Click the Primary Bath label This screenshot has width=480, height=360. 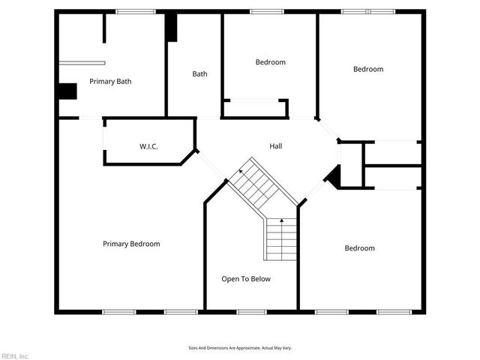[110, 81]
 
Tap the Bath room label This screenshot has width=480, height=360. [199, 73]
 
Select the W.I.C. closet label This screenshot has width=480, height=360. [148, 145]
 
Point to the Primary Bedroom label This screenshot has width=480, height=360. [131, 244]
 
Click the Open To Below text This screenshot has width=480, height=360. [246, 279]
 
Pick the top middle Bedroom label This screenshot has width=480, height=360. [270, 62]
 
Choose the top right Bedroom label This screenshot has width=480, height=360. [368, 69]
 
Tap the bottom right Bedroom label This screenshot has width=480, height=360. [359, 248]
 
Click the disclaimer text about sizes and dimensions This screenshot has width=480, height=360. [239, 348]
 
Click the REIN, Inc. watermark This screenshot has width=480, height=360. [15, 355]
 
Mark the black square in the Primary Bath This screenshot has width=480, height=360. [67, 91]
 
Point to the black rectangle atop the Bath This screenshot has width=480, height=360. [172, 28]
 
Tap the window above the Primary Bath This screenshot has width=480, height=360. [136, 11]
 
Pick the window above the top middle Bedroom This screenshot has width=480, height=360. [262, 11]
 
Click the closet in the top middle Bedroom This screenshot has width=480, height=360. [255, 108]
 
